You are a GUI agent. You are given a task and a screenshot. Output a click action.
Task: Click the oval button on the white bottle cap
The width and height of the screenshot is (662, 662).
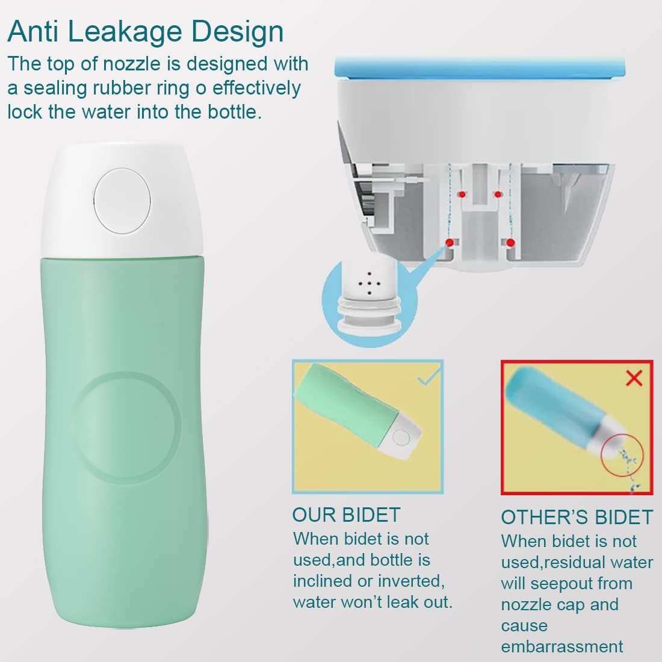pos(122,201)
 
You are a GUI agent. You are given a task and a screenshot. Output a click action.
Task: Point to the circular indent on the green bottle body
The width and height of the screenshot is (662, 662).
pos(127,427)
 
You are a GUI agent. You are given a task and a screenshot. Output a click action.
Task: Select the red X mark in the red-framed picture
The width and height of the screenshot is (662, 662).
pos(634,378)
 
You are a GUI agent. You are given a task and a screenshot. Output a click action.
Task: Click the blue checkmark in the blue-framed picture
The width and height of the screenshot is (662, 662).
pos(429,377)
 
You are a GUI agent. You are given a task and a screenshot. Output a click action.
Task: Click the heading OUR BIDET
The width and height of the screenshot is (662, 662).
pos(346,515)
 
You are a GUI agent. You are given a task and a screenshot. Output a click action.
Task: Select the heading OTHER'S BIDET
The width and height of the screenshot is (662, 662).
pos(577,517)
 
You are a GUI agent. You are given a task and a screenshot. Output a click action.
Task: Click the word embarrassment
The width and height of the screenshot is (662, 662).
pos(562,646)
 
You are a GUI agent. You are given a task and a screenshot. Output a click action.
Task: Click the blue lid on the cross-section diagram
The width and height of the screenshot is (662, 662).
pos(480,67)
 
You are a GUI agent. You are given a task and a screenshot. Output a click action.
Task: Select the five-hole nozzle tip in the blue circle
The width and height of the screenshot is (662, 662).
pos(369,281)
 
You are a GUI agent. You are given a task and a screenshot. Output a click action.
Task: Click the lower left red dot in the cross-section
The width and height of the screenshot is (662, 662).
pos(450,243)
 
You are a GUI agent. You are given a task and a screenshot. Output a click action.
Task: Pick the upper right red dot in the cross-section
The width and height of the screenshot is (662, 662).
pos(498,194)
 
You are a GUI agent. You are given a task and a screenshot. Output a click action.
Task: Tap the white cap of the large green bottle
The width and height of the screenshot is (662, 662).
pos(122,200)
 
